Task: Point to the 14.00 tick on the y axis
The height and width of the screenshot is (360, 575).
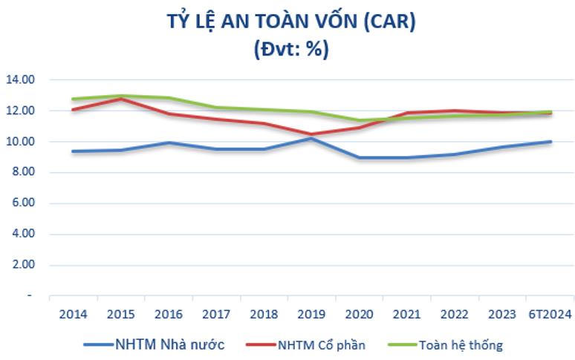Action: pos(21,79)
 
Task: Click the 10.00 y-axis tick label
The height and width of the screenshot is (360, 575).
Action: pos(21,141)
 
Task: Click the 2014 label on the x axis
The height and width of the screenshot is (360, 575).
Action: pos(73,314)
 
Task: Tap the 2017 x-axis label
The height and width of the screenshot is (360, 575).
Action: pos(216,314)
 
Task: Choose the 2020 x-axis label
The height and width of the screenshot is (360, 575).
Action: pos(360,314)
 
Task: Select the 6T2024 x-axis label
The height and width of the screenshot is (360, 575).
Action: pos(550,314)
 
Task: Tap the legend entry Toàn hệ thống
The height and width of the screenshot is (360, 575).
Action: pos(461,344)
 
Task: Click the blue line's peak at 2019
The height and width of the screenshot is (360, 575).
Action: pos(312,138)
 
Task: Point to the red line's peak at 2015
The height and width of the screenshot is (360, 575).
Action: pos(120,98)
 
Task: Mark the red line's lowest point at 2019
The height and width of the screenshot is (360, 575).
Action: pos(312,134)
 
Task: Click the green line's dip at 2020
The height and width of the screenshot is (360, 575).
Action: pos(360,120)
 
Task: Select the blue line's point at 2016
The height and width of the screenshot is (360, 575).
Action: pos(169,143)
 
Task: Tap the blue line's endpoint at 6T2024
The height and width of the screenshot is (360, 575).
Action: pos(550,141)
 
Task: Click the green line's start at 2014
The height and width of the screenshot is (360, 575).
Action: pos(73,99)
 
